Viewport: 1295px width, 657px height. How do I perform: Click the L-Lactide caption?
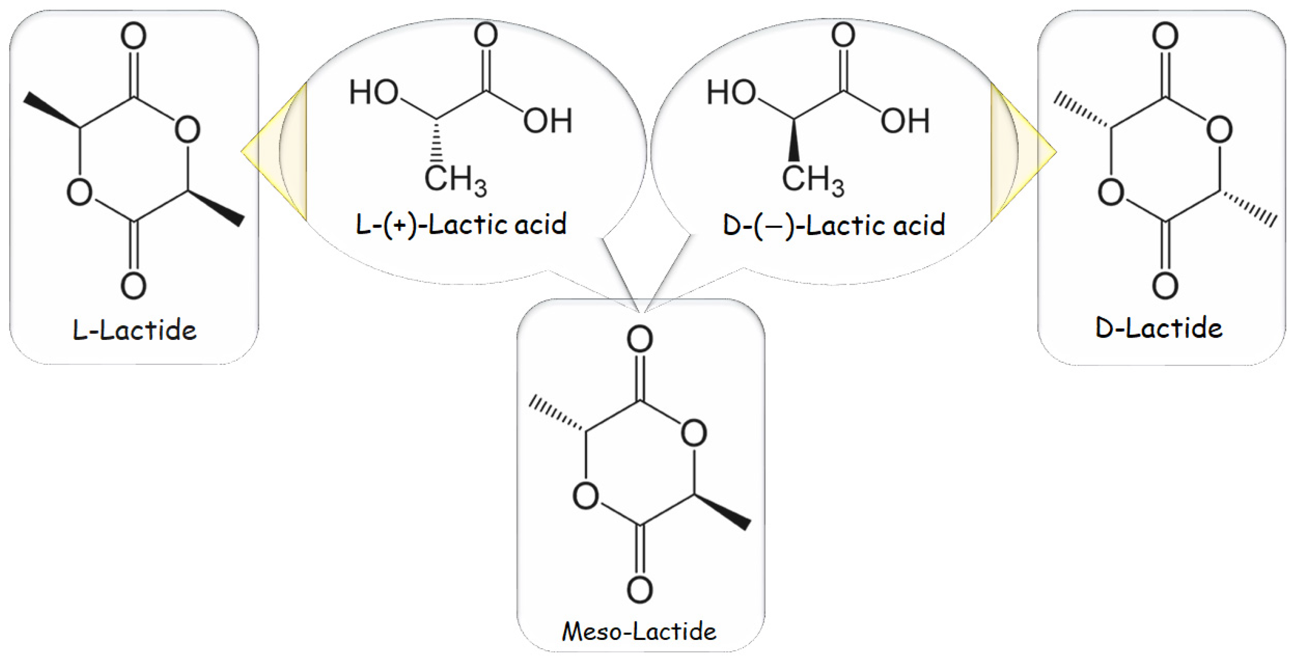click(x=134, y=330)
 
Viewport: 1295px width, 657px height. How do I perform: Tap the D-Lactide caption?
click(x=1159, y=328)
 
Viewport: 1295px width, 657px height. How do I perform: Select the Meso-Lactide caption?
click(x=639, y=631)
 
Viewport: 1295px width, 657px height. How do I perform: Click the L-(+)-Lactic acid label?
click(x=461, y=224)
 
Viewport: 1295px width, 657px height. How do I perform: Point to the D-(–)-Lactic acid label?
click(x=834, y=225)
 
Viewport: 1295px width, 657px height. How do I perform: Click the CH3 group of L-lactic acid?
click(x=455, y=179)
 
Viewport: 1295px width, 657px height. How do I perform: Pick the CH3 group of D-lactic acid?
click(x=812, y=179)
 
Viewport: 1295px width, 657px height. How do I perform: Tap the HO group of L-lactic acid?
click(x=373, y=93)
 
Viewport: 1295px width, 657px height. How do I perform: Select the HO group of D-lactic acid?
click(x=731, y=93)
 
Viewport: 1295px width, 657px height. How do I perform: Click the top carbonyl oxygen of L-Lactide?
click(x=134, y=36)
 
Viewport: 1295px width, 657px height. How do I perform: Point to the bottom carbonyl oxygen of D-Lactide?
click(x=1165, y=286)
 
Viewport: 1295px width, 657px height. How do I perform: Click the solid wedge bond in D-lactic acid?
click(x=794, y=141)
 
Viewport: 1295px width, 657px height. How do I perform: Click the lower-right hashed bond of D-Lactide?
click(x=1247, y=208)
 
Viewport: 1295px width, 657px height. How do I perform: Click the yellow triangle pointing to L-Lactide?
click(x=274, y=151)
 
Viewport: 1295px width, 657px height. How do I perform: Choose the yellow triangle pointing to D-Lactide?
click(x=1023, y=151)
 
